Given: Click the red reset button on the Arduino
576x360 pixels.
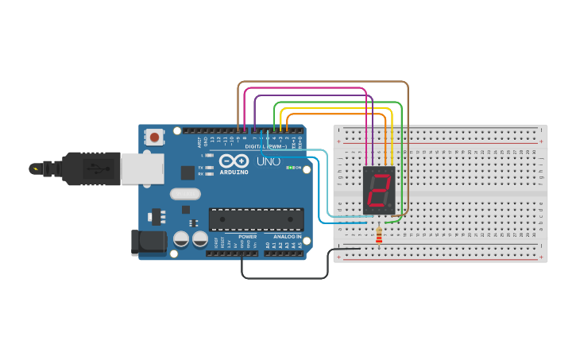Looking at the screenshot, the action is coord(154,137).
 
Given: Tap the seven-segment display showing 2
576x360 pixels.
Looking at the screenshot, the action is coord(379,190).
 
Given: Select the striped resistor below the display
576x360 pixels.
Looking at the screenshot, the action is coord(378,236).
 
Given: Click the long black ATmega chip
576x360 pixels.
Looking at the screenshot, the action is coord(256,219).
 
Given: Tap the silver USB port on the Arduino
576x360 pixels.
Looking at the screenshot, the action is coord(142,168).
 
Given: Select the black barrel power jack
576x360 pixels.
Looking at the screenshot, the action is coord(148,242).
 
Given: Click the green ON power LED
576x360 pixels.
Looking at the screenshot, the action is coord(291,168).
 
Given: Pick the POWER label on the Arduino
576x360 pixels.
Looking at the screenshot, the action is coord(248,237).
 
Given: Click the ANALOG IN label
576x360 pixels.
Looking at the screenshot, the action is coord(287,237).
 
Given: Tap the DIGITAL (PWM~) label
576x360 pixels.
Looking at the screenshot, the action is coord(265,147).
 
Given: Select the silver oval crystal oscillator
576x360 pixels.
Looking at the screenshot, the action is coord(185,193).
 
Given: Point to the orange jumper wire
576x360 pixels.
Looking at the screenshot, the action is coord(334,114).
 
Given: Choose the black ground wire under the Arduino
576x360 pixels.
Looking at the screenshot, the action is coord(286,278).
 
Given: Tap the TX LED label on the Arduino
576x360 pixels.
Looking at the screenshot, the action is coord(200,167).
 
